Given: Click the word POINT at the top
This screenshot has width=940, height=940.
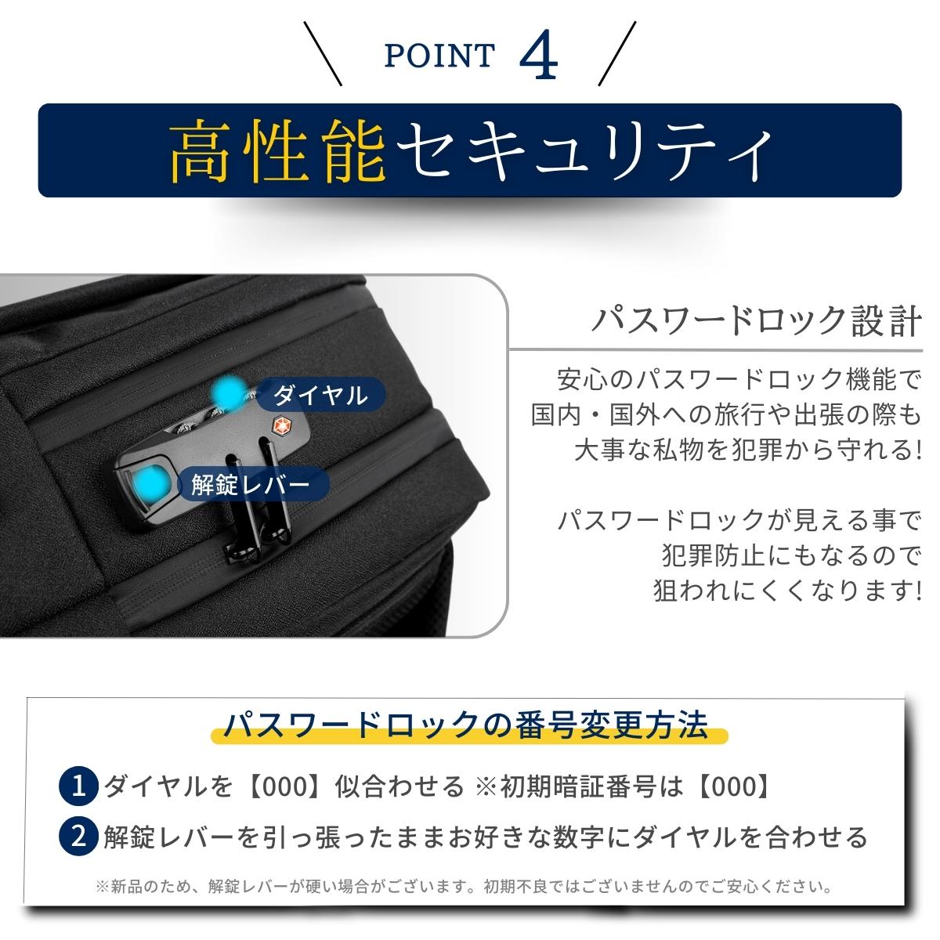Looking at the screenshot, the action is coord(439,55).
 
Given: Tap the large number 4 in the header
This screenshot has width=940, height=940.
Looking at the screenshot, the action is coord(538,54).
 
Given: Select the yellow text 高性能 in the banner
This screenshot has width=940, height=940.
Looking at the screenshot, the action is coord(277,150).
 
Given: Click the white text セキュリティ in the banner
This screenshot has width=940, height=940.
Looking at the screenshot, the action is coord(584,150).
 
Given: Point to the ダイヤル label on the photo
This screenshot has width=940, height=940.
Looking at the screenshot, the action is coord(320,395).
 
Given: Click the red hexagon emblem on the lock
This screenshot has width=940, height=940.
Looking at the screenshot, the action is coord(280,424).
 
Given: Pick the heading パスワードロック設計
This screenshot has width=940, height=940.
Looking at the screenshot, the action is coord(757,321).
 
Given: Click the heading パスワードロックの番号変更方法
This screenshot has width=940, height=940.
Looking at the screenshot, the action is coord(466,725).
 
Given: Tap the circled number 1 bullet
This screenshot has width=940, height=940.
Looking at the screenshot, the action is coord(78,786).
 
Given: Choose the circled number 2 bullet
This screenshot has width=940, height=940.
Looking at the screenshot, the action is coord(78,837).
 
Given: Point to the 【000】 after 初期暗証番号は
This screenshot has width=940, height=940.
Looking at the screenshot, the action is coord(734,786).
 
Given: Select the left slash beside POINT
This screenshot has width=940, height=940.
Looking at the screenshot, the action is coord(323,53).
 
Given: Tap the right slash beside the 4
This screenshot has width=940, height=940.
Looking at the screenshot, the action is coord(617,53).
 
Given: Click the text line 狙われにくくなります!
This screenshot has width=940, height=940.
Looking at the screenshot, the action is coord(788,591).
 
